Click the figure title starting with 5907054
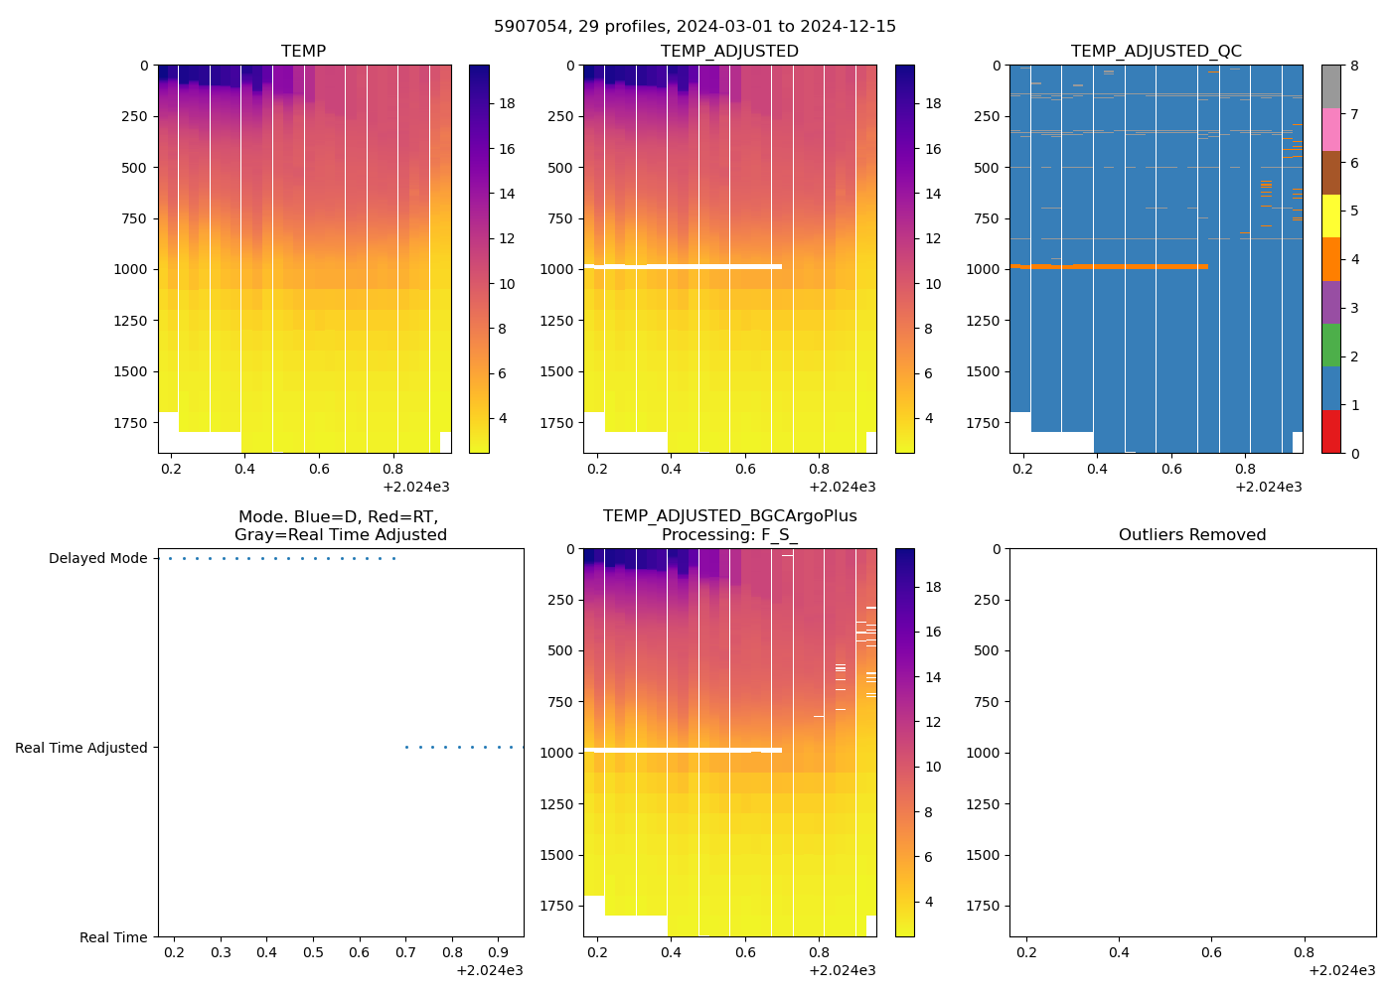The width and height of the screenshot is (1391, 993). click(695, 26)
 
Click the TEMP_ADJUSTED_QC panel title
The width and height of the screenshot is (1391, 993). click(1156, 51)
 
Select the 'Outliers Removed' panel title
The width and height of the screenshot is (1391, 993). click(1192, 534)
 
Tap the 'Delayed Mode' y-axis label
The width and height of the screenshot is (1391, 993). click(97, 558)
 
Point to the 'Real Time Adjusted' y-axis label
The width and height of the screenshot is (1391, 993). click(80, 748)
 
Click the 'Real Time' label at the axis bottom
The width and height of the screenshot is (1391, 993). click(113, 937)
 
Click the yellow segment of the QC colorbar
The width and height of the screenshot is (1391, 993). click(1330, 215)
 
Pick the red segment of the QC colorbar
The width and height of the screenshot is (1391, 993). click(1330, 432)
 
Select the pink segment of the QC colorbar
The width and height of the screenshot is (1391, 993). click(1330, 129)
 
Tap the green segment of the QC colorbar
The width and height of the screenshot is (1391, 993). click(1330, 346)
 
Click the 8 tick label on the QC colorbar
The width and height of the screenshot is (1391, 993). click(1354, 66)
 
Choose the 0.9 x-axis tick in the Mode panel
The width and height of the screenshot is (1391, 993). click(498, 952)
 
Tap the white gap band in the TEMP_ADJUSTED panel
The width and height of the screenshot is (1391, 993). click(695, 266)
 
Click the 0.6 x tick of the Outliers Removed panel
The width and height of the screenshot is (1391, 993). click(1211, 952)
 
